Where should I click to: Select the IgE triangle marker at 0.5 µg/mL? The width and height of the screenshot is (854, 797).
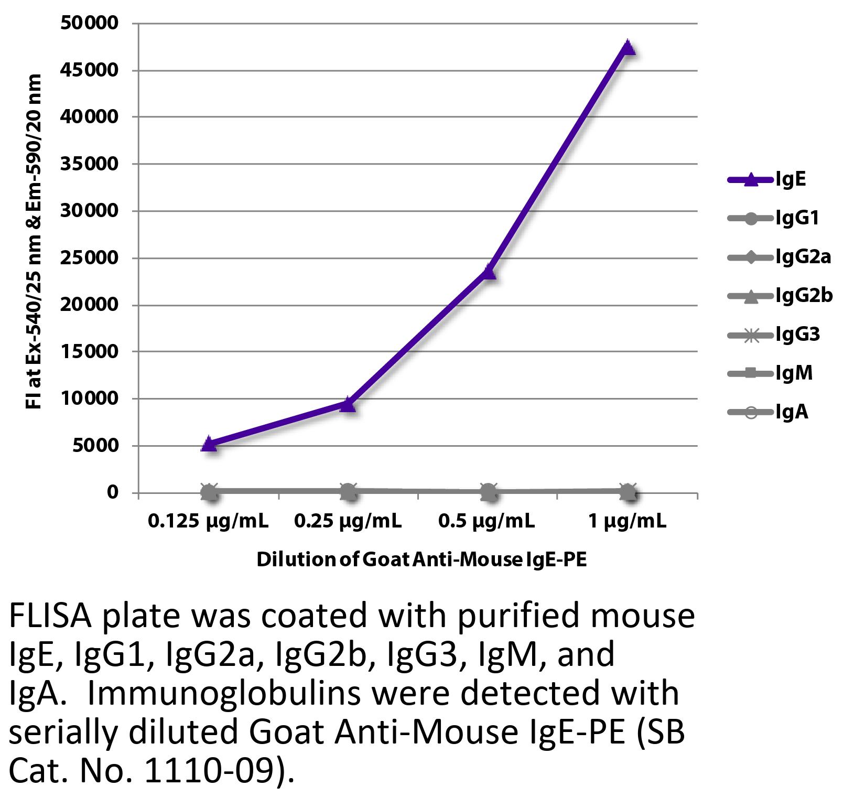pyautogui.click(x=489, y=272)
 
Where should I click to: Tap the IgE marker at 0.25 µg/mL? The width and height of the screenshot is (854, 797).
pyautogui.click(x=348, y=404)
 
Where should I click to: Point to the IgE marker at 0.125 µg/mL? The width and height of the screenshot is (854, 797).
pyautogui.click(x=209, y=444)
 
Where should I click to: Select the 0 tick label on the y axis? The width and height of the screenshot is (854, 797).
pyautogui.click(x=112, y=492)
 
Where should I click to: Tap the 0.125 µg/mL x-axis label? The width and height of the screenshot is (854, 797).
pyautogui.click(x=208, y=521)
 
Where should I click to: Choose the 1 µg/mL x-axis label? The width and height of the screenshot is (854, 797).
pyautogui.click(x=627, y=521)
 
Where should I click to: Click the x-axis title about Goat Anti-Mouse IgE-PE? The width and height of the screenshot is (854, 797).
pyautogui.click(x=421, y=560)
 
